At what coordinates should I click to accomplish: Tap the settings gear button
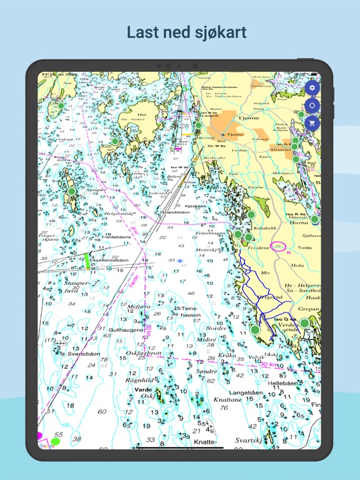click(312, 88)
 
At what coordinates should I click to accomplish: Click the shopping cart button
click(312, 123)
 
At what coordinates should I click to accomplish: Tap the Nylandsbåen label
click(175, 212)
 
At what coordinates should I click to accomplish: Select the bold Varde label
click(143, 389)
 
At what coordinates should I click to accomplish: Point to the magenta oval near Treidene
click(279, 247)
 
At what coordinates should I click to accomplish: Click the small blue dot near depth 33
click(180, 261)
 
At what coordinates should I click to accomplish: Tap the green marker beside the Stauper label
click(71, 191)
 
